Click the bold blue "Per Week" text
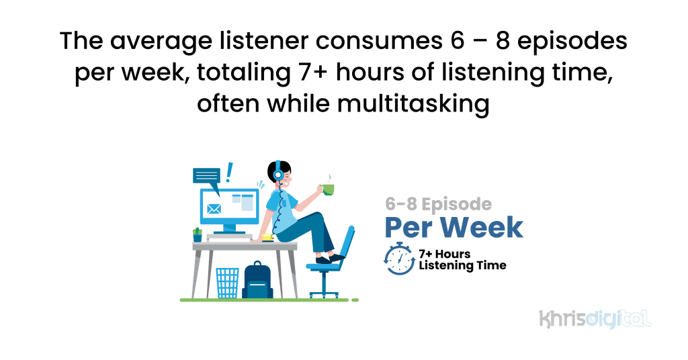pyautogui.click(x=454, y=227)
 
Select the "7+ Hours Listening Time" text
pyautogui.click(x=462, y=260)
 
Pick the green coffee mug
pyautogui.click(x=328, y=189)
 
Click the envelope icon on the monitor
pyautogui.click(x=214, y=208)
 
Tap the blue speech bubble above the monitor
pyautogui.click(x=206, y=176)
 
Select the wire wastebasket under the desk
pyautogui.click(x=227, y=283)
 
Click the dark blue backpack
pyautogui.click(x=257, y=281)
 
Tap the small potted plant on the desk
pyautogui.click(x=198, y=234)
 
